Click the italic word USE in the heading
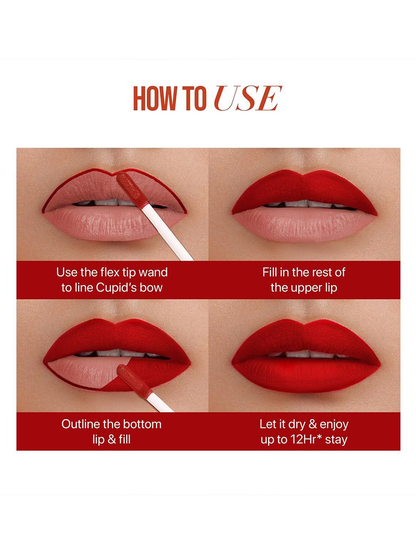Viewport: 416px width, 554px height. [248, 98]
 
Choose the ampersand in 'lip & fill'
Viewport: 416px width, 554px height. [111, 440]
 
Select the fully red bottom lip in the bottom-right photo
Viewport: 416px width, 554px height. [305, 375]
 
